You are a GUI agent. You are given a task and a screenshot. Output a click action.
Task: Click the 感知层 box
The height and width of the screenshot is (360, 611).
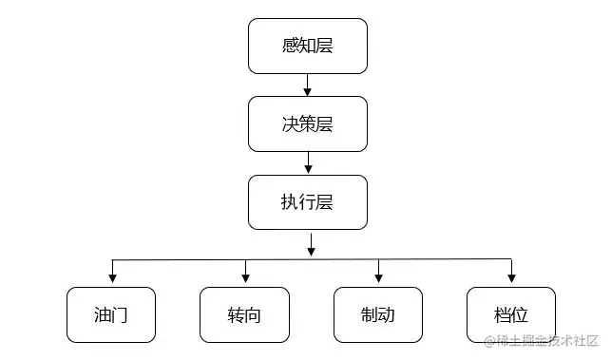pos(307,46)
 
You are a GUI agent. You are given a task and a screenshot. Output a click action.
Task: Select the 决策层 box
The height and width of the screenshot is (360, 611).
pos(307,123)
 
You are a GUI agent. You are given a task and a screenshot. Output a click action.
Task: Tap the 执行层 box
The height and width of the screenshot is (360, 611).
pos(307,202)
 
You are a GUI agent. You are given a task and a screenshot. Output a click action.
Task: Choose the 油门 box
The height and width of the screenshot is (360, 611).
pos(111,314)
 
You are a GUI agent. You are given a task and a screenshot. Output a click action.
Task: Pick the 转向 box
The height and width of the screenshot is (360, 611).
pos(244,314)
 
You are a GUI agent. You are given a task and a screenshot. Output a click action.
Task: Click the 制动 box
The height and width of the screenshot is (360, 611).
pos(377,314)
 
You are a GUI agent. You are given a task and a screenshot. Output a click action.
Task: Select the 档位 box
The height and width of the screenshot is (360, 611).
pos(511,314)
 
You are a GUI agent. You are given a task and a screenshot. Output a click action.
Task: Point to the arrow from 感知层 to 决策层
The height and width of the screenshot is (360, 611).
pos(307,85)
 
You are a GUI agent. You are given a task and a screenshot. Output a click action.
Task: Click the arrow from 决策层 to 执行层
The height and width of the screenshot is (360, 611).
pos(307,163)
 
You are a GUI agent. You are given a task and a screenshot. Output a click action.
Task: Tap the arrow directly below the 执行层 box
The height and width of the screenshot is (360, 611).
pos(311,245)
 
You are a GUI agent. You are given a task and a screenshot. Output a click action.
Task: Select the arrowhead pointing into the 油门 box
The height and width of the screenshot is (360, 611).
pos(112,278)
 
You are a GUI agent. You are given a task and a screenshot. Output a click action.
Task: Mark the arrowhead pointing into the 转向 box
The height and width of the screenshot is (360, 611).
pos(245,278)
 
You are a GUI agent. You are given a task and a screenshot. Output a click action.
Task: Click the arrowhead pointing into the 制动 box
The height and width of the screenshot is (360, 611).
pos(378,278)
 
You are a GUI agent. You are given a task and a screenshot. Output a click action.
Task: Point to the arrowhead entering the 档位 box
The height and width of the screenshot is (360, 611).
pos(511,278)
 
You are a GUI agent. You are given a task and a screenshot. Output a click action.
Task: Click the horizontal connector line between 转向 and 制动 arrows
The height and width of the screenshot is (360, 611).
pos(312,259)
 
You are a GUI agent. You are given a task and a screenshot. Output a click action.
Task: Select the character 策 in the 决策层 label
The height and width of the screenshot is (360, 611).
pos(307,123)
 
